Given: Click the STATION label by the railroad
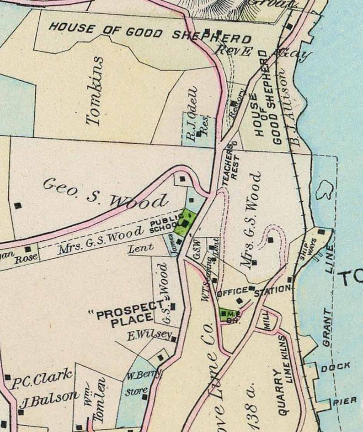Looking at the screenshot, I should (x=272, y=289).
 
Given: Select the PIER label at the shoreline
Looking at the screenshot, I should (x=345, y=401).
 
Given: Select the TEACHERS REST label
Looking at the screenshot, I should (x=231, y=165).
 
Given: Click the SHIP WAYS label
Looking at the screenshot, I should (x=307, y=249).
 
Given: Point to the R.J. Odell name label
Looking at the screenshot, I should (x=192, y=114).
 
